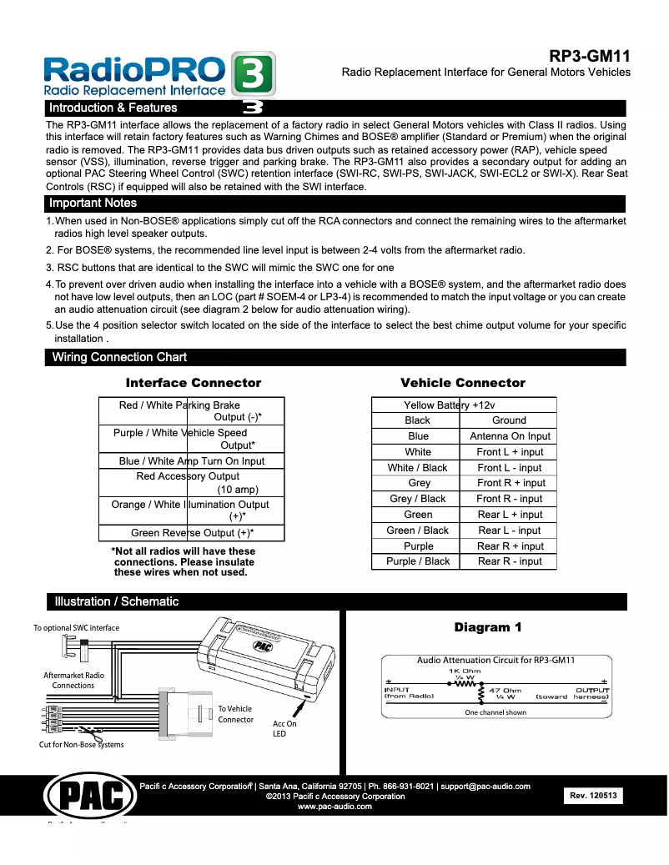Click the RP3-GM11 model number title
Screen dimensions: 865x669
coord(589,56)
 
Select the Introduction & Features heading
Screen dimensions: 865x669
coord(113,108)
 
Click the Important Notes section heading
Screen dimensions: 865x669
coord(93,203)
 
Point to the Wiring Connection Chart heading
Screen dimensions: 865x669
coord(119,357)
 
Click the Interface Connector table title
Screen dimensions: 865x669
coord(193,383)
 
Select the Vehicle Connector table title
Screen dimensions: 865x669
coord(463,383)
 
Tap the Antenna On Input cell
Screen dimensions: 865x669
coord(510,436)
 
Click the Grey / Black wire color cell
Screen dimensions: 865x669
coord(417,499)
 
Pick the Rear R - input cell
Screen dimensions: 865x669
coord(510,561)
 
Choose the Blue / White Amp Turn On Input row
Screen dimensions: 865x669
coord(192,460)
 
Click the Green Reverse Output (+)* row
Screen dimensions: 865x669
coord(192,533)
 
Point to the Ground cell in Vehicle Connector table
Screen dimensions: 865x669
coord(509,420)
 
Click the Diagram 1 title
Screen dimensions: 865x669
coord(488,627)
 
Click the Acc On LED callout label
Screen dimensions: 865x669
coord(284,728)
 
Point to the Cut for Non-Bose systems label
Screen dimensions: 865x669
coord(82,744)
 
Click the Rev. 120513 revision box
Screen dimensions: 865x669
coord(593,797)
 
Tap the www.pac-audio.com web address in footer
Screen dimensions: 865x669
coord(334,807)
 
